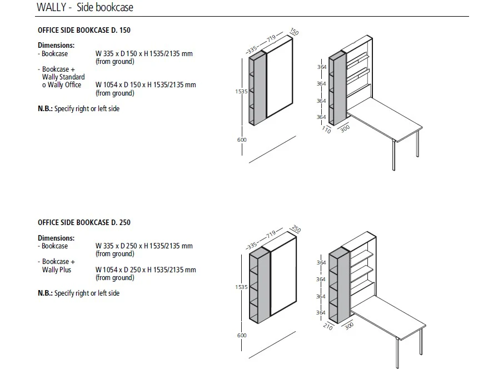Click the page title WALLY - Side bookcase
[x=84, y=8]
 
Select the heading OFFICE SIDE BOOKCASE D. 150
[x=84, y=30]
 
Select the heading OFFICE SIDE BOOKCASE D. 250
[x=84, y=222]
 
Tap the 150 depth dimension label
[x=294, y=32]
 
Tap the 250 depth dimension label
[x=296, y=230]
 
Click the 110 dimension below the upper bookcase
[x=326, y=129]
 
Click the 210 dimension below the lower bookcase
[x=327, y=327]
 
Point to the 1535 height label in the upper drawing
[x=241, y=92]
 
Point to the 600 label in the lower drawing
[x=241, y=335]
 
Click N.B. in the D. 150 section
[x=45, y=109]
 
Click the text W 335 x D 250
[x=117, y=246]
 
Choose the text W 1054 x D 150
[x=119, y=85]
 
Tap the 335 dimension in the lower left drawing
[x=252, y=245]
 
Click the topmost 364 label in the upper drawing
[x=321, y=66]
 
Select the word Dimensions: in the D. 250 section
[x=56, y=238]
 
